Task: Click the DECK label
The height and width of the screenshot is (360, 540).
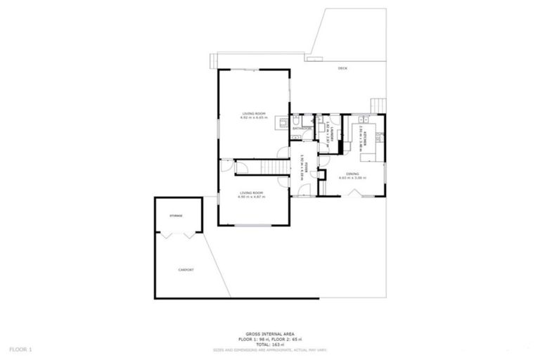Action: (x=342, y=68)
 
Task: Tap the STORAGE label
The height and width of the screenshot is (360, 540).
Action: (x=176, y=216)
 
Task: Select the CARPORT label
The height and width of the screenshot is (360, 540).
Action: (x=186, y=270)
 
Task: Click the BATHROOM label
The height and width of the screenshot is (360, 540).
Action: (x=302, y=129)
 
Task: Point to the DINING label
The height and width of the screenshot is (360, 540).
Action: (x=353, y=173)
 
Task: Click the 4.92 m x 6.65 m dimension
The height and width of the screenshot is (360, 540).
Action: (x=253, y=118)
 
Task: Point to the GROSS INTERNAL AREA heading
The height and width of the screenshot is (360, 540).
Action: (x=269, y=334)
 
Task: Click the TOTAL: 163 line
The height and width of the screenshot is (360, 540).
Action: (x=269, y=345)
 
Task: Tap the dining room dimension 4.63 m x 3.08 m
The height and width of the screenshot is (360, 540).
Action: (x=353, y=178)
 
